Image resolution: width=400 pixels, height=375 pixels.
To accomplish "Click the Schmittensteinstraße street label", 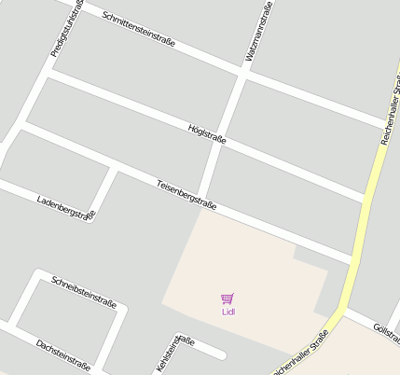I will pos(139,31).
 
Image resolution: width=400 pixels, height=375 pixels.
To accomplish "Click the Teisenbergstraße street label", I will pos(186,193).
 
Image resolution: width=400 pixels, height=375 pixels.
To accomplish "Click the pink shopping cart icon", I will pos(228,299).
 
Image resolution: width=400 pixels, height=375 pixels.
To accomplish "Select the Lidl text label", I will pos(228,312).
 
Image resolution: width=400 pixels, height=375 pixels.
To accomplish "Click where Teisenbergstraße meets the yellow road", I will pos(352,260).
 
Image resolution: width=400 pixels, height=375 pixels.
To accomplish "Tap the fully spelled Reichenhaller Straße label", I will pos(300,354).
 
